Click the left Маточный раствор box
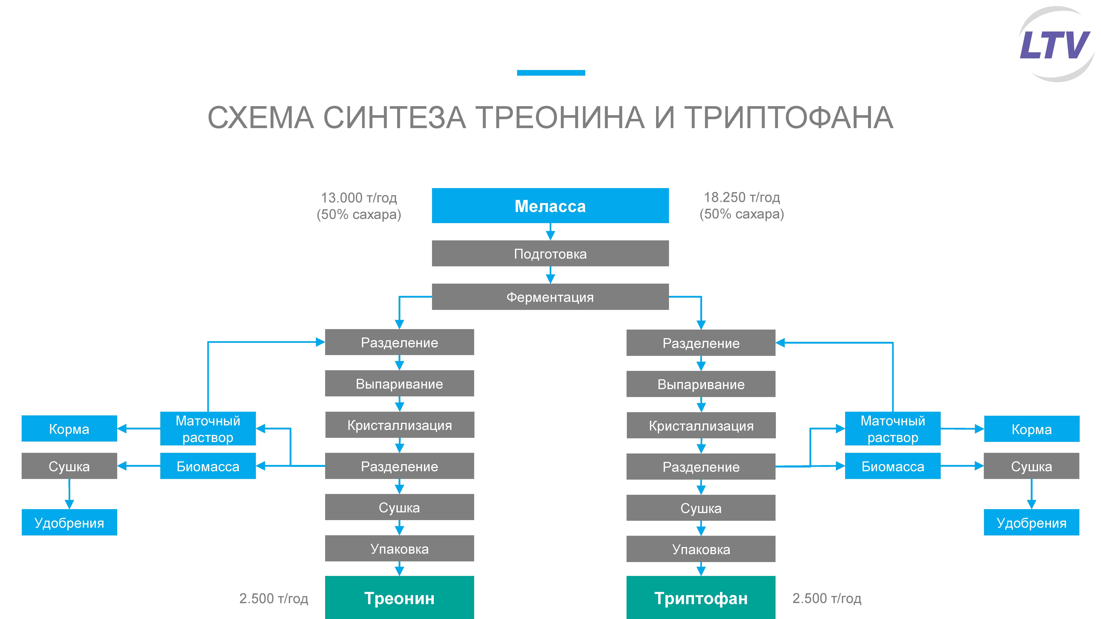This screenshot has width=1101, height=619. pos(208,428)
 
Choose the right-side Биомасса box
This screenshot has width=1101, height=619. pos(892,466)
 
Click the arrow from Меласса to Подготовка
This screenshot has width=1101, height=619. pos(550,232)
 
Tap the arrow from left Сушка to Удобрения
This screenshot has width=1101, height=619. pos(69,494)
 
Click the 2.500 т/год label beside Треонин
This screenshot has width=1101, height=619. pos(273,598)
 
